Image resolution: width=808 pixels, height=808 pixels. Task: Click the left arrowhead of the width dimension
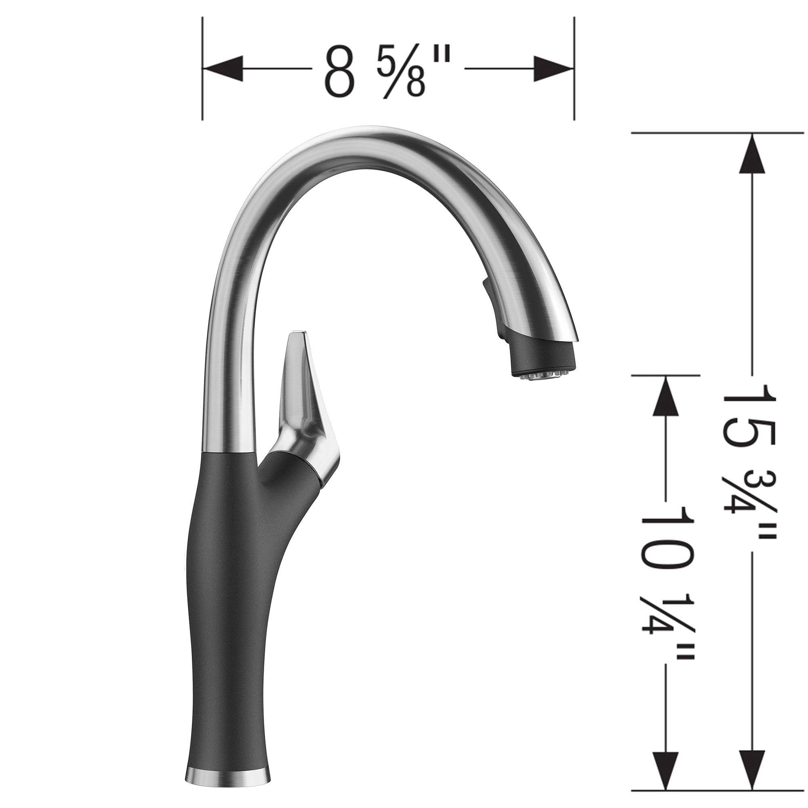[x=222, y=69]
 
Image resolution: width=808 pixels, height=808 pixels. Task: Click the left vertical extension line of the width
[x=202, y=69]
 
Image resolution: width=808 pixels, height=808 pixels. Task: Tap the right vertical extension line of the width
[x=574, y=69]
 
